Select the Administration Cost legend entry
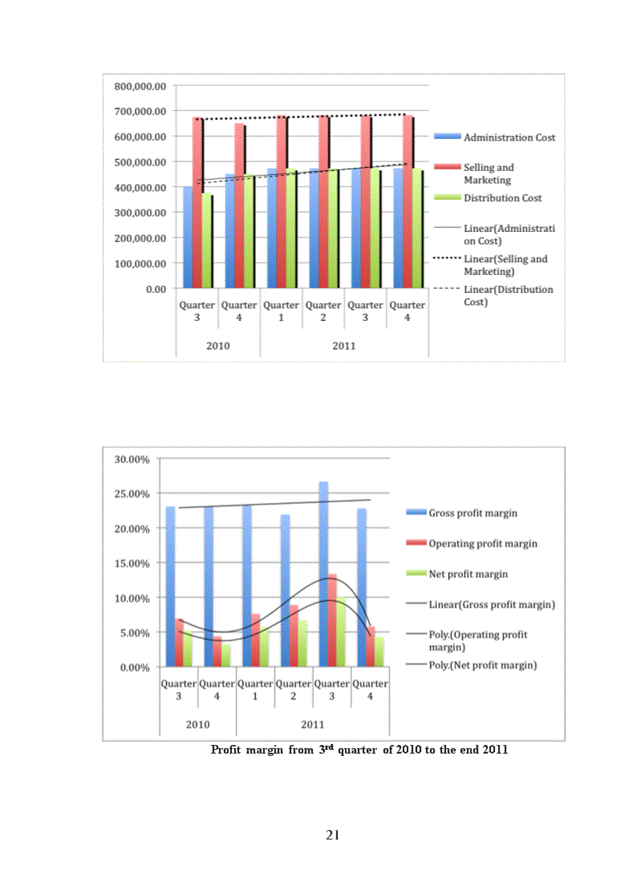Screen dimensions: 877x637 pyautogui.click(x=509, y=137)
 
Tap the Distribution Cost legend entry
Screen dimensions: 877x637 pyautogui.click(x=502, y=198)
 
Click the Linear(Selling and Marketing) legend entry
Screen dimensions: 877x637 pyautogui.click(x=505, y=266)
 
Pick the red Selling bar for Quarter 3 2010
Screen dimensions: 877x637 pyautogui.click(x=198, y=203)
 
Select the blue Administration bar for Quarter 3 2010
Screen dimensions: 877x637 pyautogui.click(x=187, y=238)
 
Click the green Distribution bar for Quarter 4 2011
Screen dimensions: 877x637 pyautogui.click(x=418, y=230)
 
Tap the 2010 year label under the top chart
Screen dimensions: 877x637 pyautogui.click(x=218, y=346)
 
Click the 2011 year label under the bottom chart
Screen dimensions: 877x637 pyautogui.click(x=312, y=724)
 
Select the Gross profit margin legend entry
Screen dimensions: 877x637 pyautogui.click(x=472, y=513)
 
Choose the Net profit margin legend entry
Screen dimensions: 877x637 pyautogui.click(x=468, y=574)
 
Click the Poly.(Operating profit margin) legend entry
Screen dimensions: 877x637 pyautogui.click(x=478, y=640)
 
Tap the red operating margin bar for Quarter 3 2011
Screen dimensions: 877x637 pyautogui.click(x=333, y=621)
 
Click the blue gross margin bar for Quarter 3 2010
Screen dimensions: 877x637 pyautogui.click(x=170, y=586)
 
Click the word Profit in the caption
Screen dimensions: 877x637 pyautogui.click(x=230, y=750)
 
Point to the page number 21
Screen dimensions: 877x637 pyautogui.click(x=333, y=836)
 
